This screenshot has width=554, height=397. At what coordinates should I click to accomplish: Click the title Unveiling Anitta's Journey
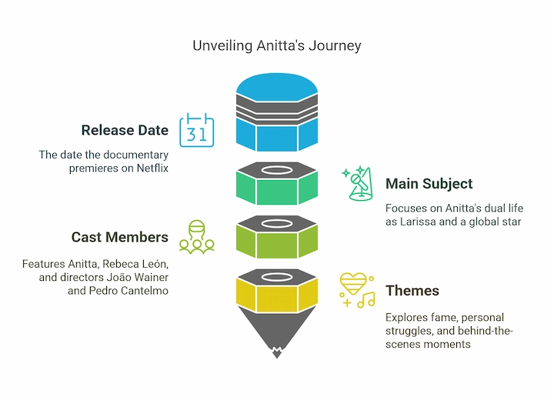[276, 46]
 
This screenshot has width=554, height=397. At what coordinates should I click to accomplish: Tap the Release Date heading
[124, 130]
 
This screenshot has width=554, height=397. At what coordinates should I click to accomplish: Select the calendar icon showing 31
[196, 130]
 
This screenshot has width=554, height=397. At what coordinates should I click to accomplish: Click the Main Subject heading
[429, 184]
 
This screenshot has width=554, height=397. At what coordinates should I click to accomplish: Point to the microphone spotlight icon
[358, 184]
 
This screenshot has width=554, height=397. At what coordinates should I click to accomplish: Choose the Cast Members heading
[119, 237]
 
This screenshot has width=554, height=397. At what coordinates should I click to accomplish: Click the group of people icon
[195, 237]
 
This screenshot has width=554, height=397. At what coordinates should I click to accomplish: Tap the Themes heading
[412, 291]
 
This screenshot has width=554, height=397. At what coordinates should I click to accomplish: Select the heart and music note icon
[357, 290]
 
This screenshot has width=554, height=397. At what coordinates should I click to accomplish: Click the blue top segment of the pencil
[276, 135]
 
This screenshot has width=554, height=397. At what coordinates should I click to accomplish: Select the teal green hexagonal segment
[276, 189]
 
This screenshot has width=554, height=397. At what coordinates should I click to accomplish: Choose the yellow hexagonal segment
[276, 296]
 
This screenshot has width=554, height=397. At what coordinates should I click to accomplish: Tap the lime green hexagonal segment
[276, 242]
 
